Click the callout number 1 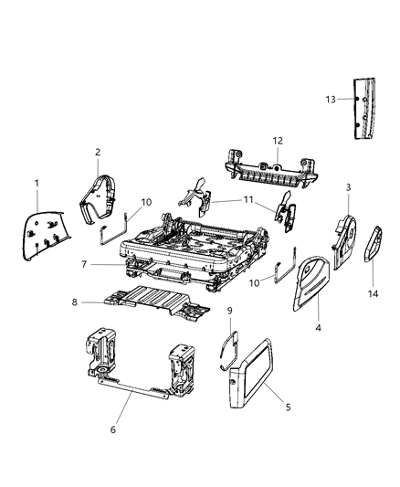click(x=37, y=184)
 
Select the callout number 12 click(x=278, y=141)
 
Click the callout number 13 click(x=332, y=99)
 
